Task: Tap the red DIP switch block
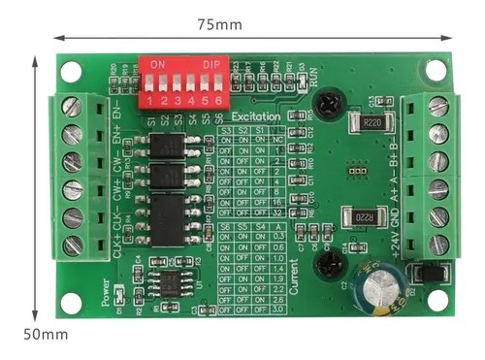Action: point(184,81)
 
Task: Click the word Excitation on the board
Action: point(257,116)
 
